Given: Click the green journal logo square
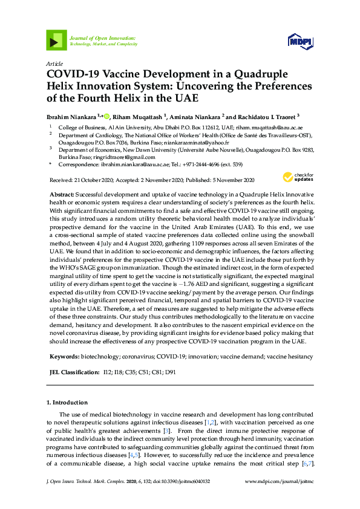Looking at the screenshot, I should (x=56, y=41).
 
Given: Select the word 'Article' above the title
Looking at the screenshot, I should (x=54, y=63).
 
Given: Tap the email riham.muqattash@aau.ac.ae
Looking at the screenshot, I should (x=270, y=128).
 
